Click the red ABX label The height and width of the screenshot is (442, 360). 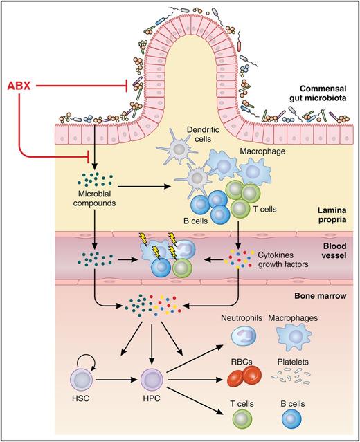point(21,86)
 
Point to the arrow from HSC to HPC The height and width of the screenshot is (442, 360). point(118,380)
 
